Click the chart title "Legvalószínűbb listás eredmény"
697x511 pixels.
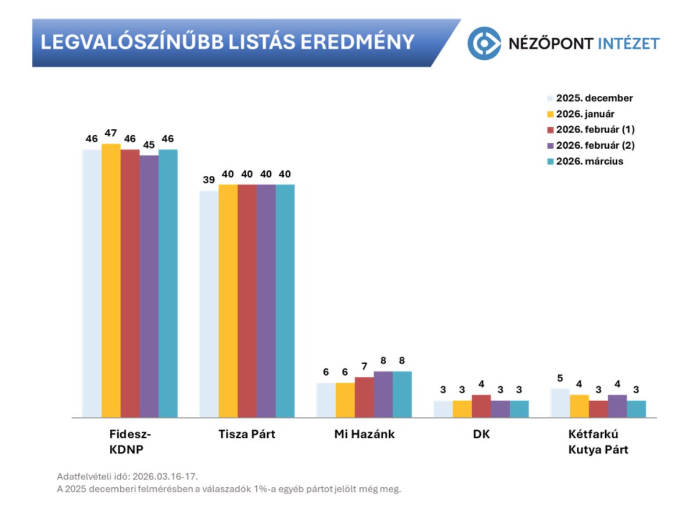point(227,42)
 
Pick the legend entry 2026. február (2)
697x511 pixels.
point(593,145)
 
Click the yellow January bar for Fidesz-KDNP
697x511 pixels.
point(111,280)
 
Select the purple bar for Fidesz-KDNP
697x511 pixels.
point(149,286)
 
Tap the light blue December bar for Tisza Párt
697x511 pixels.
point(209,304)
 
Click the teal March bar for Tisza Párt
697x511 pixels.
point(285,301)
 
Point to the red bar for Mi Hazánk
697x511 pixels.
point(364,397)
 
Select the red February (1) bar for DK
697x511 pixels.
point(481,406)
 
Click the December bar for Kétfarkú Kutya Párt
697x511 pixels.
point(560,403)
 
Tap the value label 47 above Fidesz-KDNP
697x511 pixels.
point(111,133)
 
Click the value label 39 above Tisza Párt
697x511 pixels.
point(209,180)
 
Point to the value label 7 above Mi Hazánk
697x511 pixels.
point(364,366)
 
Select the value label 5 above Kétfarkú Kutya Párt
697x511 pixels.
point(560,378)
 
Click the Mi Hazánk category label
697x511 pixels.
point(364,434)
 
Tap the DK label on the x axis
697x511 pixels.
point(482,434)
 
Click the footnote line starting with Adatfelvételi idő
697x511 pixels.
point(131,476)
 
